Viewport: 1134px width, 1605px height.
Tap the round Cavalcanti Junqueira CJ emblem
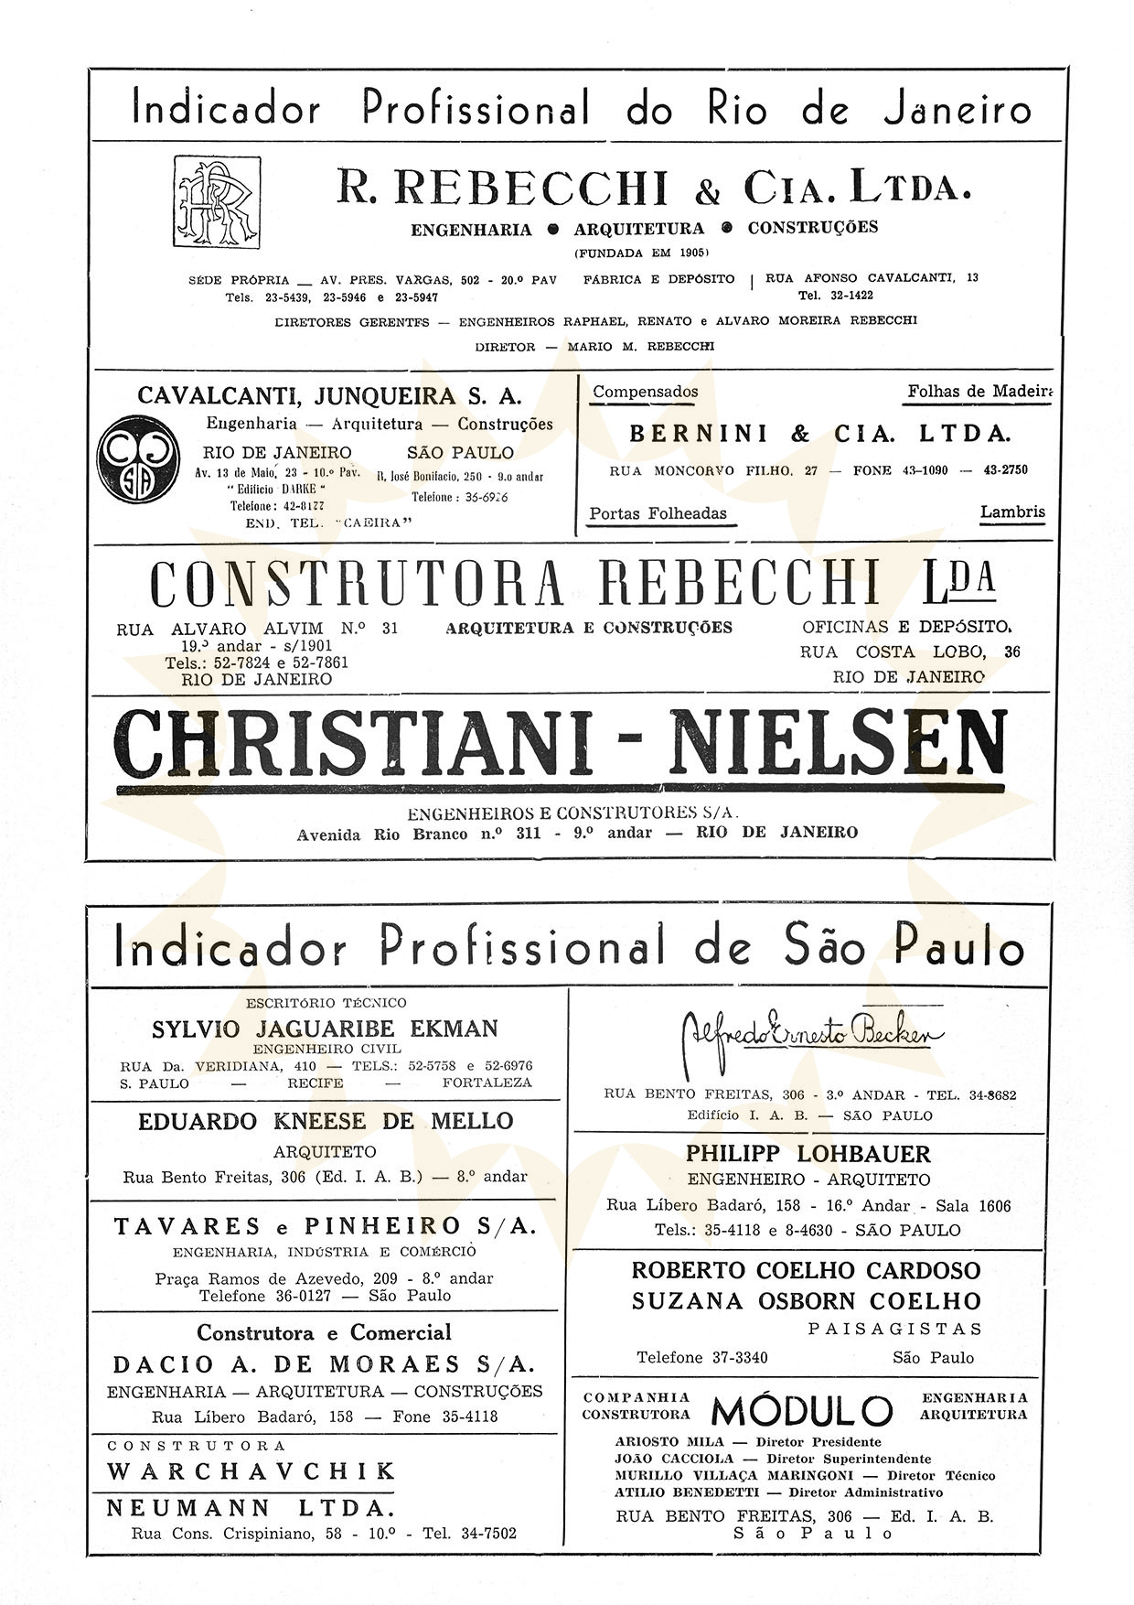coord(140,461)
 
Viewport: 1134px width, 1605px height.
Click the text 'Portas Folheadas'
coord(658,513)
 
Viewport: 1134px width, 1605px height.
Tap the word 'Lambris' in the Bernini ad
coord(1011,512)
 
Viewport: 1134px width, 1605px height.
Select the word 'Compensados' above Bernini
coord(645,392)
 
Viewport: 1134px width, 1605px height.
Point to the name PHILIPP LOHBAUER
coord(808,1154)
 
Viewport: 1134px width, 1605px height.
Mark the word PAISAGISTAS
coord(894,1329)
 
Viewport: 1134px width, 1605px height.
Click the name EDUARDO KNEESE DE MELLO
coord(326,1122)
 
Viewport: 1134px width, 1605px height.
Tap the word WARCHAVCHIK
coord(251,1471)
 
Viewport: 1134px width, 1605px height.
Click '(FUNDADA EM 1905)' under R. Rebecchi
coord(642,253)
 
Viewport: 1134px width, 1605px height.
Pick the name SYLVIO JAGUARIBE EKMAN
coord(325,1029)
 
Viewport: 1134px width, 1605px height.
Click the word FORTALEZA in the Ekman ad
coord(487,1083)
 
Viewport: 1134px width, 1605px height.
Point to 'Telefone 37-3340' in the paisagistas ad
coord(702,1358)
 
